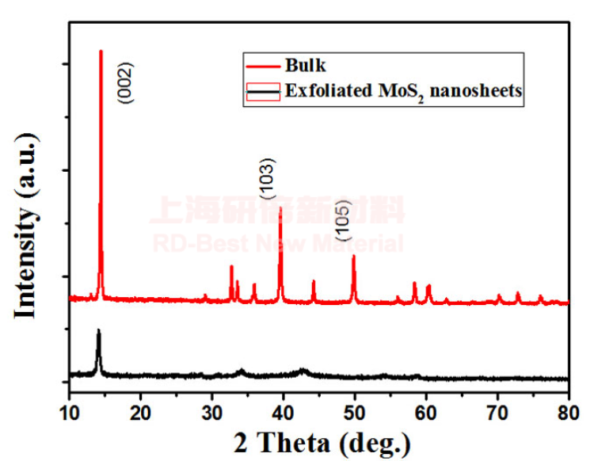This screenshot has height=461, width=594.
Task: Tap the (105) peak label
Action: click(341, 220)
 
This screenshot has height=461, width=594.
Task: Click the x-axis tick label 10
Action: click(70, 412)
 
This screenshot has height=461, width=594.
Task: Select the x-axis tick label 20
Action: click(141, 412)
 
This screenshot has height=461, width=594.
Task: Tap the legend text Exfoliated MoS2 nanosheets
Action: click(404, 90)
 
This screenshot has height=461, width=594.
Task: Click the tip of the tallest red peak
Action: click(101, 51)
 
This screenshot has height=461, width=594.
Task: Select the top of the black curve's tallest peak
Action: click(98, 330)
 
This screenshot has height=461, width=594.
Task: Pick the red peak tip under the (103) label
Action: click(280, 208)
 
